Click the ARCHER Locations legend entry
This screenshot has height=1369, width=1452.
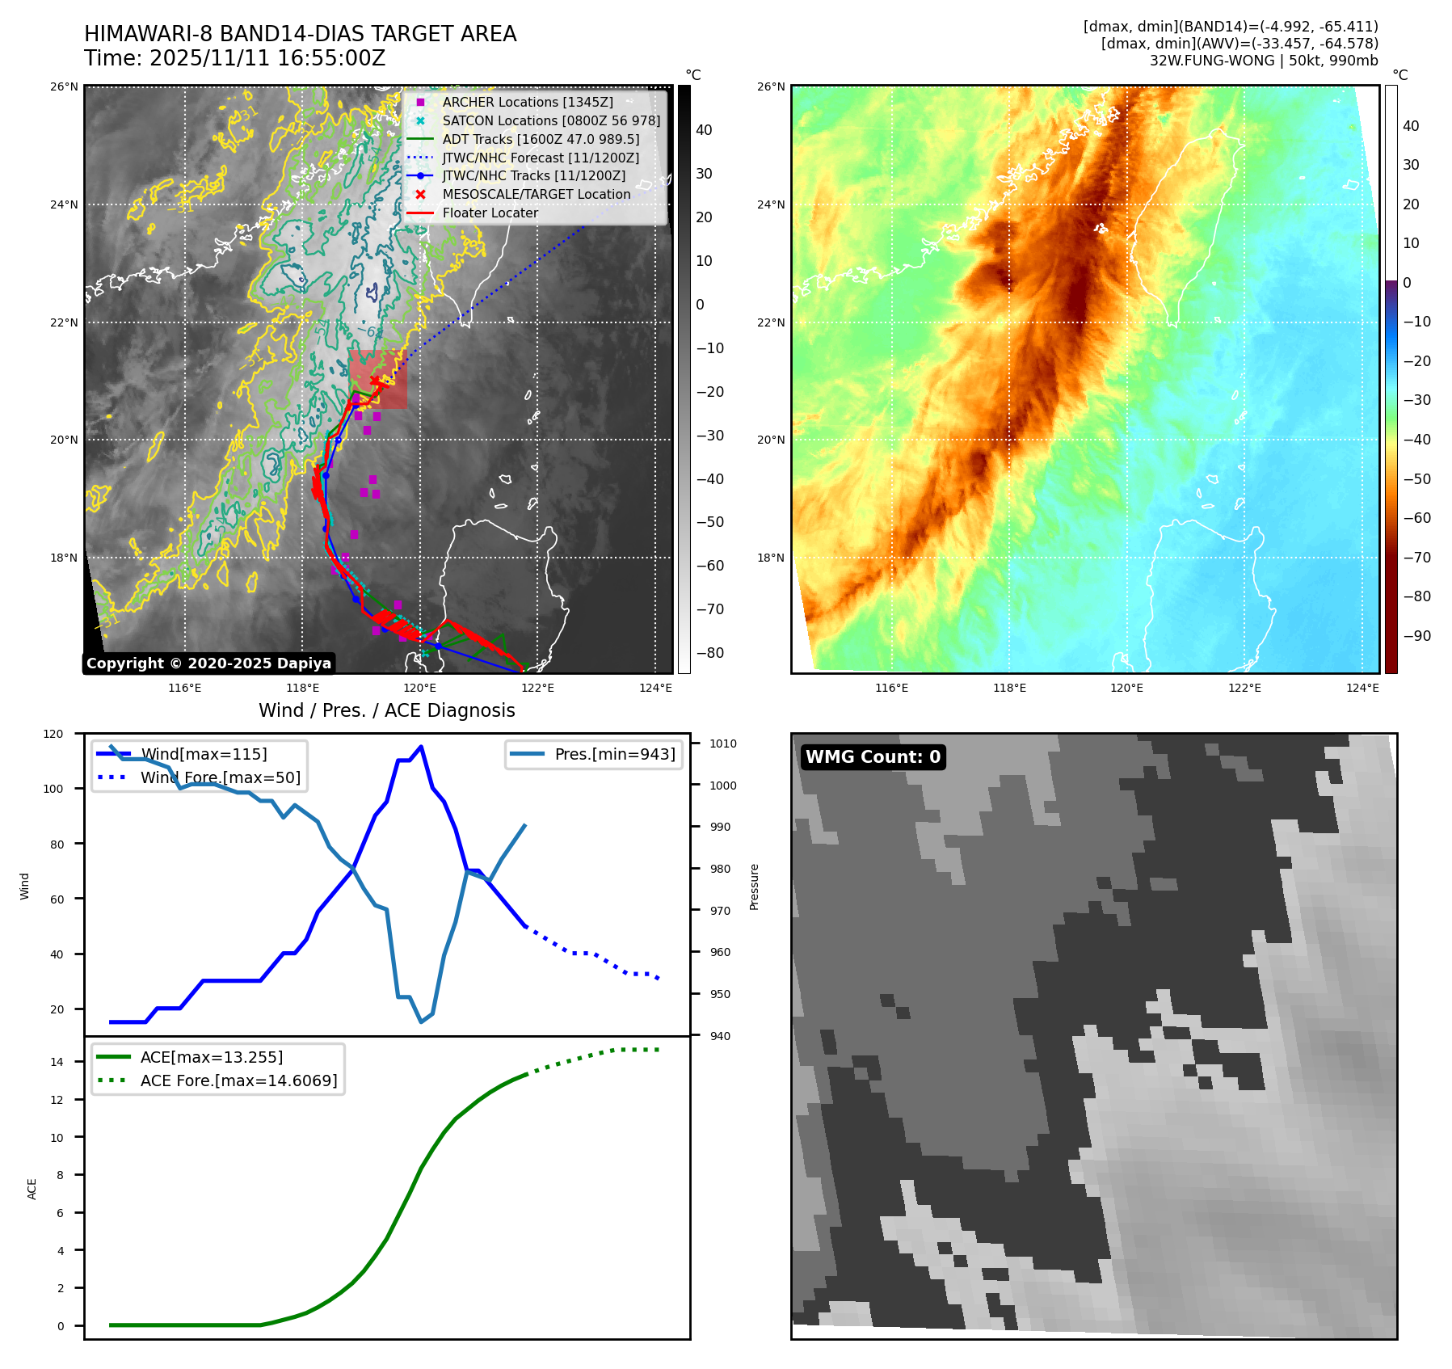(x=527, y=102)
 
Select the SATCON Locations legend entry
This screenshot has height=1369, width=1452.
(x=550, y=120)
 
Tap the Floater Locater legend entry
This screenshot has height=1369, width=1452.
(x=490, y=213)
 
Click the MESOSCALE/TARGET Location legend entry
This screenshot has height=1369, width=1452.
(x=536, y=194)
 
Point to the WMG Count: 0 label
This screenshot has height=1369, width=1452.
(x=873, y=756)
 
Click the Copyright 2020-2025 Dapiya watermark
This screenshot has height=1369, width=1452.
(x=208, y=663)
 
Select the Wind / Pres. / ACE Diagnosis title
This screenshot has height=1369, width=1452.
(x=386, y=710)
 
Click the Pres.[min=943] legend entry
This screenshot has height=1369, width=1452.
(x=614, y=754)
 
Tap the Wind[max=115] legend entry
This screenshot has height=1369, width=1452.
(x=203, y=754)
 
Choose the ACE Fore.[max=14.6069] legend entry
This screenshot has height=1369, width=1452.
(x=238, y=1080)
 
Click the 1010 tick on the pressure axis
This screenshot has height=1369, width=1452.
(x=723, y=743)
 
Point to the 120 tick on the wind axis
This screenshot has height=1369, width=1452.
(x=53, y=734)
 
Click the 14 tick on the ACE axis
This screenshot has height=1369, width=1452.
(x=57, y=1062)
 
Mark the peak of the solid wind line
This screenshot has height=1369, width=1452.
(x=421, y=746)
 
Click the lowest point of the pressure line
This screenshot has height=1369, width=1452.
(x=421, y=1022)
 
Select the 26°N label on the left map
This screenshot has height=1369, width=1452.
(x=65, y=86)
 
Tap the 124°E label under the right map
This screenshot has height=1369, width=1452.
(x=1362, y=688)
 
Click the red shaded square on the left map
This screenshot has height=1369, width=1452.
(x=378, y=379)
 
